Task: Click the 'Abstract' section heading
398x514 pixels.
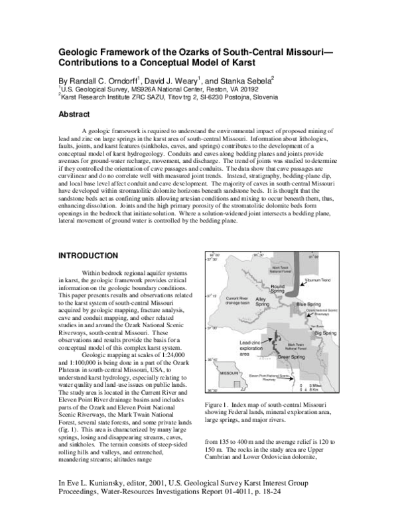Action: click(x=77, y=114)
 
